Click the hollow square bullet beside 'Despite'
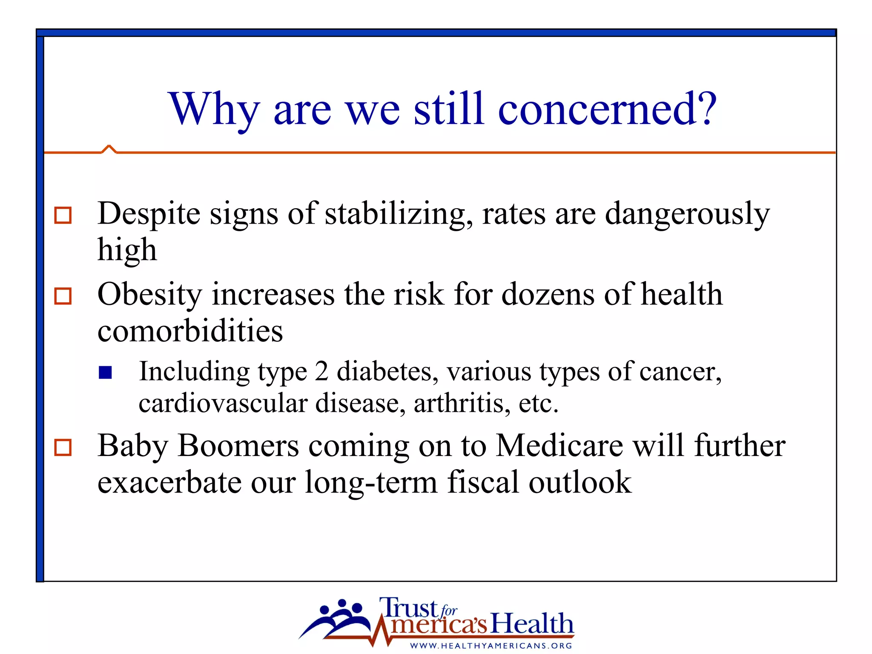(x=63, y=215)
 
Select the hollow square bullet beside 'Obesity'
(x=63, y=296)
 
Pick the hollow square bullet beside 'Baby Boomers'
(x=63, y=447)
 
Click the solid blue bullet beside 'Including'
(x=105, y=373)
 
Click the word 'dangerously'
(x=687, y=214)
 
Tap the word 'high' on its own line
(x=127, y=250)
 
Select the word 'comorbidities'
(x=190, y=331)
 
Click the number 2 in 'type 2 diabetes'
(x=321, y=371)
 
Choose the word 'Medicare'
(x=559, y=446)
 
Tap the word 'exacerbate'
(x=169, y=482)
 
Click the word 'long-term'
(x=371, y=482)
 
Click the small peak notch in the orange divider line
(x=109, y=149)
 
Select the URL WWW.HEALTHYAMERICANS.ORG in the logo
(x=491, y=646)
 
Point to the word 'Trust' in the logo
(x=408, y=608)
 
